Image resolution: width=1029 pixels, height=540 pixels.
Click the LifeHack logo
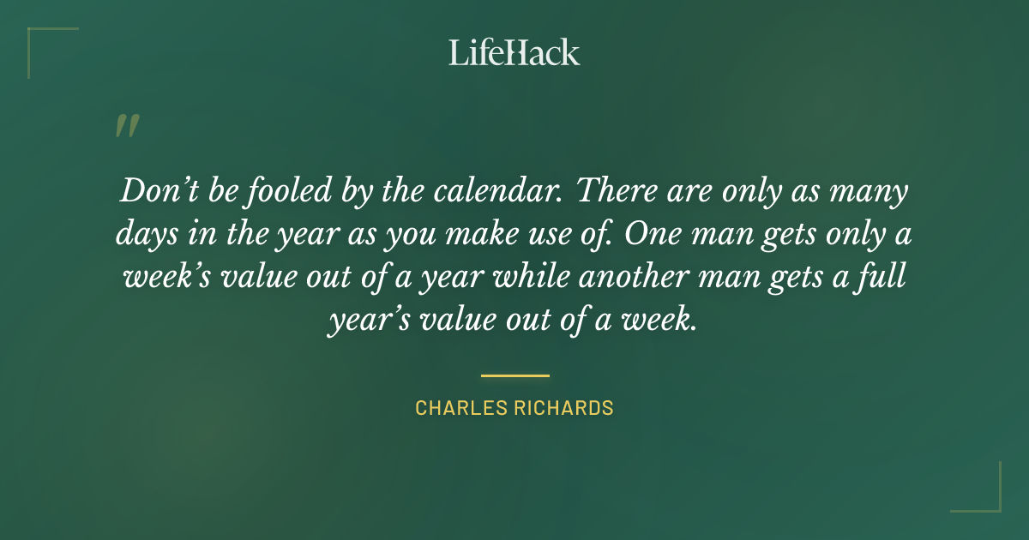coord(514,51)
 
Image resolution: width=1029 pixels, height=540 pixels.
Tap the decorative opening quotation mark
coord(127,126)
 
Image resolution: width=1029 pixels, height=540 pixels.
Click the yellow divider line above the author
coord(514,375)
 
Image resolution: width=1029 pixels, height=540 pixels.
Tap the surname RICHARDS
coord(566,408)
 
